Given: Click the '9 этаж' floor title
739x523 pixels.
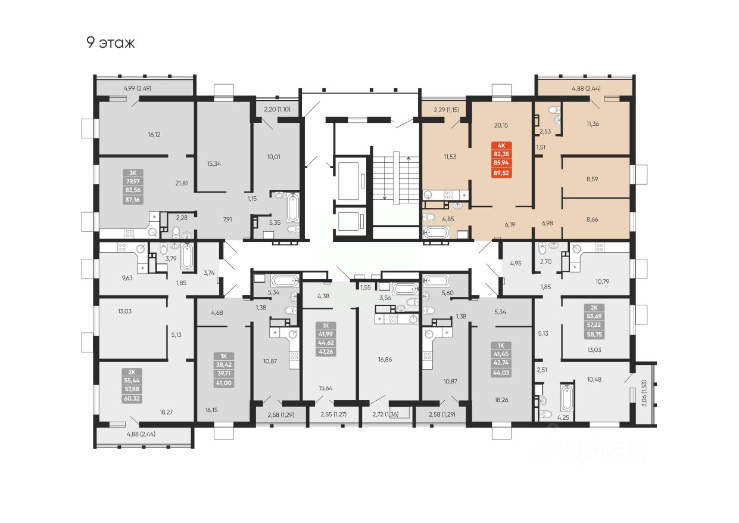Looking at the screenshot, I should click(x=111, y=43).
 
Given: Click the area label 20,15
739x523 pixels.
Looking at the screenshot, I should click(x=501, y=125).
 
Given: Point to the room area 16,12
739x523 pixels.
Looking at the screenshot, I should click(x=154, y=134).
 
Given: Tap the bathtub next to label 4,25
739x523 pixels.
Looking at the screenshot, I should click(x=566, y=399).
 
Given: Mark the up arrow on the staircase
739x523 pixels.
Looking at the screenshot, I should click(x=408, y=159).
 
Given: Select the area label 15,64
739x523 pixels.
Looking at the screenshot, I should click(x=325, y=388).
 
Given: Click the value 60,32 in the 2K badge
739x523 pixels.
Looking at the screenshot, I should click(x=131, y=398).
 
